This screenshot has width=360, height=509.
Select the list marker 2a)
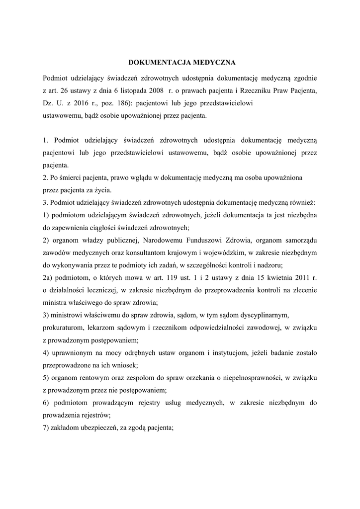pyautogui.click(x=48, y=277)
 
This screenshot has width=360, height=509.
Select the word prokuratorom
pyautogui.click(x=62, y=328)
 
